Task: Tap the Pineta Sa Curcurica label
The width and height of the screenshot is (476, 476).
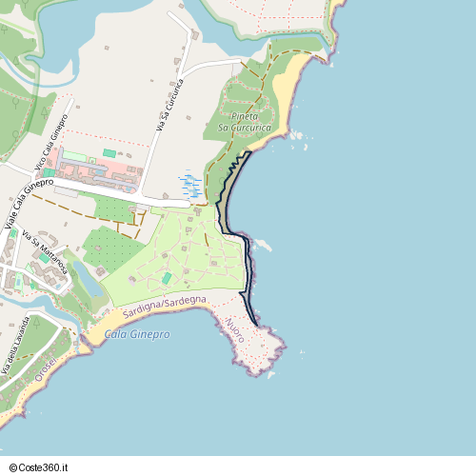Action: pos(246,122)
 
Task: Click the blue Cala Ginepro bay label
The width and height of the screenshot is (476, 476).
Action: pos(137,334)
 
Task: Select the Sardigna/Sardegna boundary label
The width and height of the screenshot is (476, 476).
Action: pos(164,304)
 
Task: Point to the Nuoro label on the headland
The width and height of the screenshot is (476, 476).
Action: pos(235,329)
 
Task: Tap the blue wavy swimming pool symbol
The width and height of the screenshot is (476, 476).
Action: pos(188,184)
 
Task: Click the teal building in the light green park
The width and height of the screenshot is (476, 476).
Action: pos(168,278)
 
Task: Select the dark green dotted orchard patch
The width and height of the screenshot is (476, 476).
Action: pos(112,249)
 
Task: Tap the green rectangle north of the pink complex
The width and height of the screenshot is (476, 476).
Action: pos(109,153)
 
